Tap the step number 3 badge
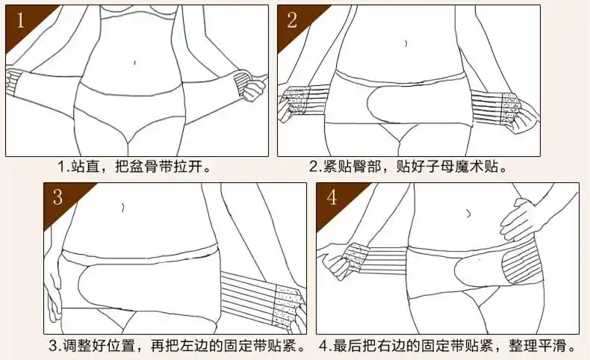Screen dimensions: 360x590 [x=58, y=197]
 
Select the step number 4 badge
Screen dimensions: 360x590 [x=332, y=197]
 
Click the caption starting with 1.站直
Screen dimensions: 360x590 [x=135, y=166]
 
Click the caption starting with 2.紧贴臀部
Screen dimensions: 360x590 [x=413, y=166]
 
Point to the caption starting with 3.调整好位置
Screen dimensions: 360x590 [x=176, y=345]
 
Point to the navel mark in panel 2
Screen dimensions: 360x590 [x=405, y=43]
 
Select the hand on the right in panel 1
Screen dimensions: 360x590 [x=252, y=88]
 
